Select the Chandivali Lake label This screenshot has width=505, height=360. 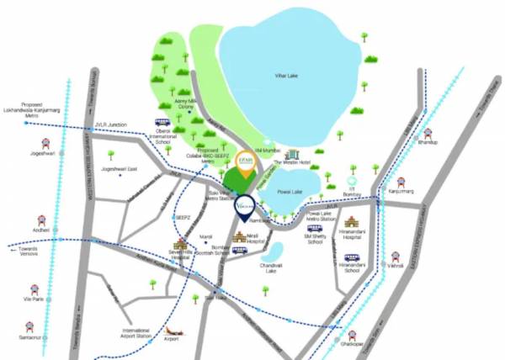[270, 267]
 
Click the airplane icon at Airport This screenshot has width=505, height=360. [175, 331]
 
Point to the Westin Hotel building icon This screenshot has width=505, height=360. [293, 155]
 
